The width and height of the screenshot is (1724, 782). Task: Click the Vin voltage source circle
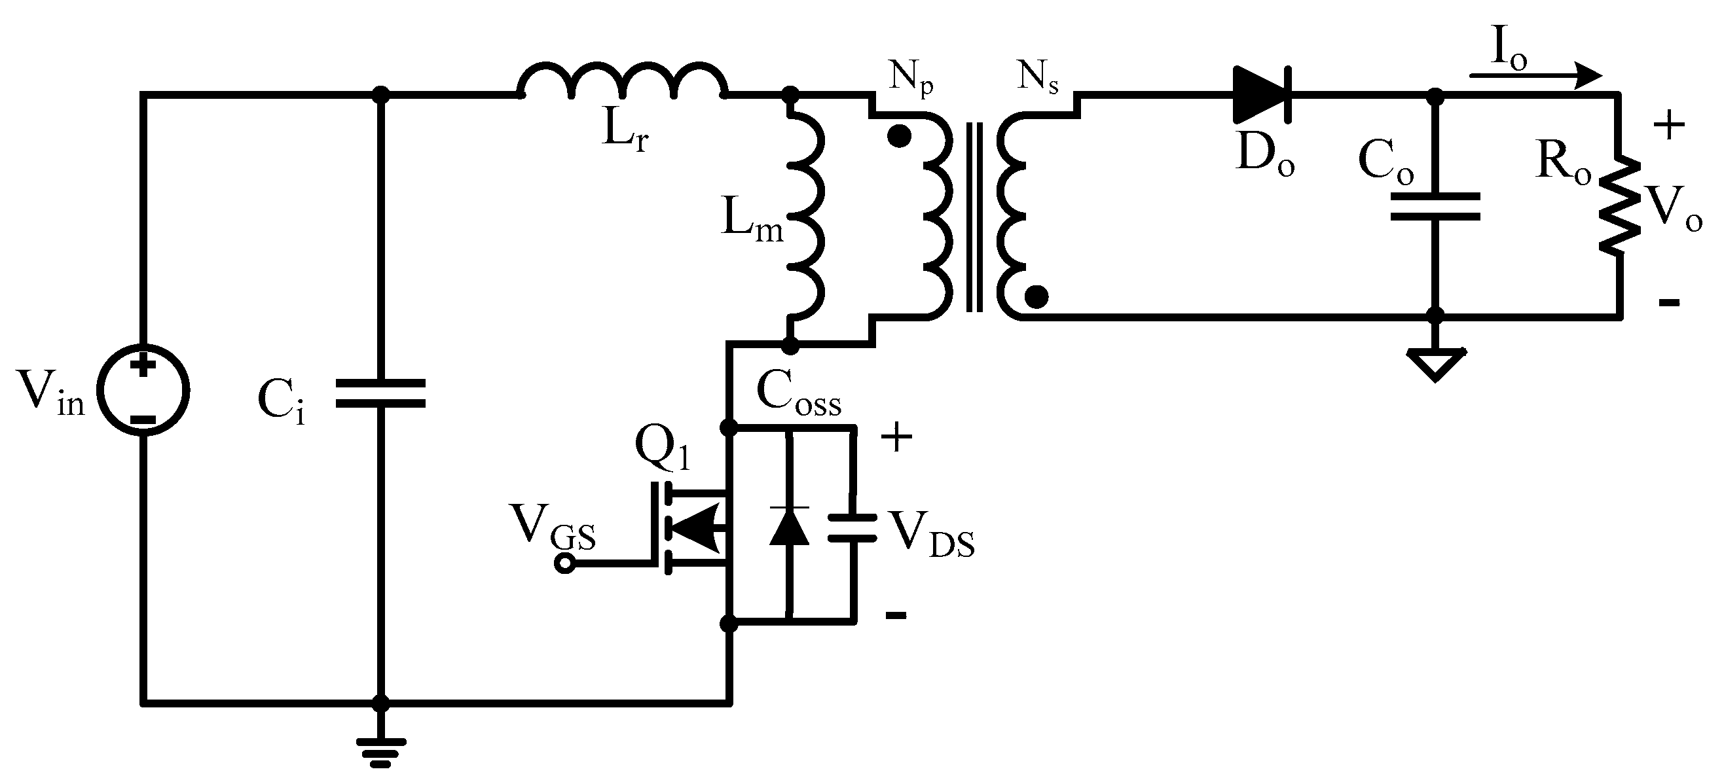click(143, 391)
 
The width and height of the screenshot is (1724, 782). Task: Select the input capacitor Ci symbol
click(380, 393)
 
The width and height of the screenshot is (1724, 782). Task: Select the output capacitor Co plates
click(1435, 207)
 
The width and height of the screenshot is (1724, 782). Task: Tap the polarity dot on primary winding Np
click(899, 137)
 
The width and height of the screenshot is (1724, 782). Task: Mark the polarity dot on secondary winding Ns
click(1036, 296)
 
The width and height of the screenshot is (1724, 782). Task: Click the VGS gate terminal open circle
click(565, 565)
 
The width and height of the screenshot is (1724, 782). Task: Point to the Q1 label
click(661, 447)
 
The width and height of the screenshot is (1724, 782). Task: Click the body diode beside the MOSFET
click(789, 527)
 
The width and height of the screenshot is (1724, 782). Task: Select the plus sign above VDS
click(896, 438)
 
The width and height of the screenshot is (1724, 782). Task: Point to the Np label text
click(911, 79)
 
